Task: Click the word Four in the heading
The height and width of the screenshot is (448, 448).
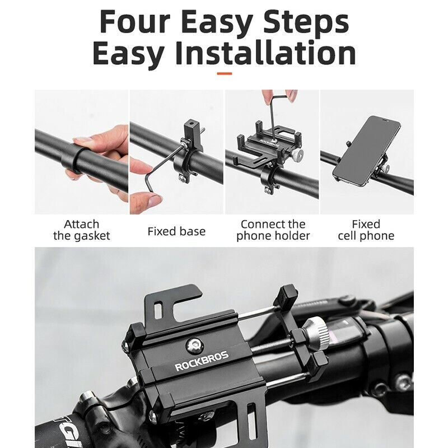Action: point(135,22)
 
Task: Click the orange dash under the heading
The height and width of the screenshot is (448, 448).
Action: point(225,74)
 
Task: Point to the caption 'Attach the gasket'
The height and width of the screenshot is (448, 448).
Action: point(81,230)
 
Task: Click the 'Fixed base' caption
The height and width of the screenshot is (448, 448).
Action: point(176,231)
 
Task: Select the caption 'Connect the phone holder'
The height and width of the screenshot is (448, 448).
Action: point(273,230)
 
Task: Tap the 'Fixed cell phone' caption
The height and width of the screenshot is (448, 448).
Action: point(366,230)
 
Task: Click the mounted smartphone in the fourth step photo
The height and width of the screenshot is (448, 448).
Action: point(367,150)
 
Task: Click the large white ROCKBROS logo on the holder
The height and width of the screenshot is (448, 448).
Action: point(202,361)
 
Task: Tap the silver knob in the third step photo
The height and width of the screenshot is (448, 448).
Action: point(299,155)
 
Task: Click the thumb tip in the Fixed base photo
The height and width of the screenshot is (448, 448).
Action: point(155,199)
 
